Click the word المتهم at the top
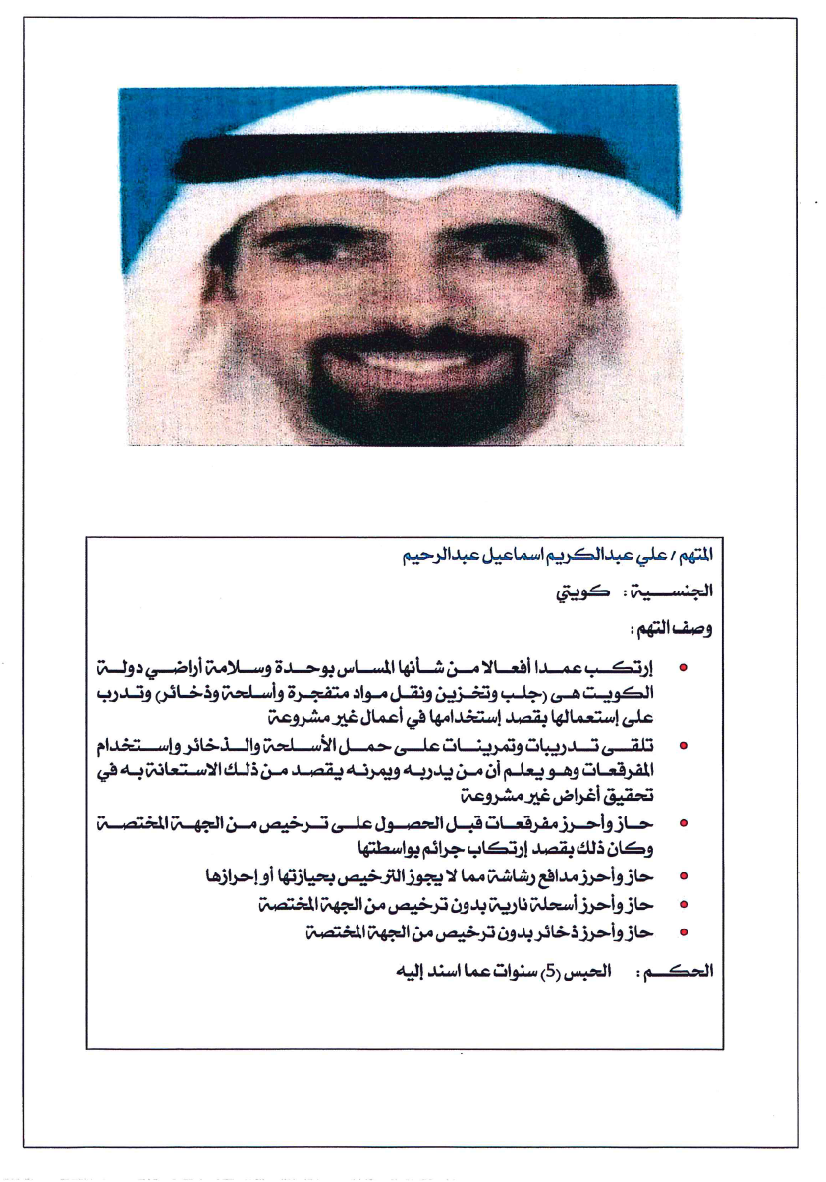696,555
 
